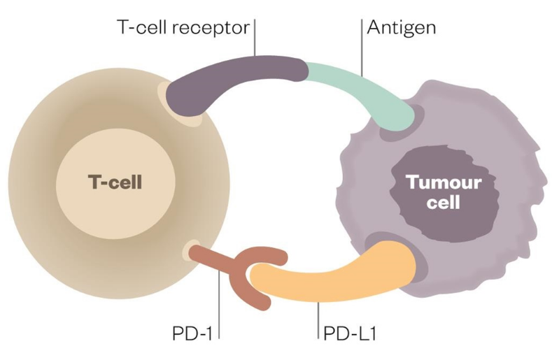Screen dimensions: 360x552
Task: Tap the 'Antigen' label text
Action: click(x=402, y=29)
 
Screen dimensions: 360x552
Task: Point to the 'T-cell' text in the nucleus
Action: click(x=115, y=183)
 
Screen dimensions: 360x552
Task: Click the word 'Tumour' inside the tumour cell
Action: click(x=445, y=184)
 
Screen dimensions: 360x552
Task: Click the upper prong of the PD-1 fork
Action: click(x=269, y=254)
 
